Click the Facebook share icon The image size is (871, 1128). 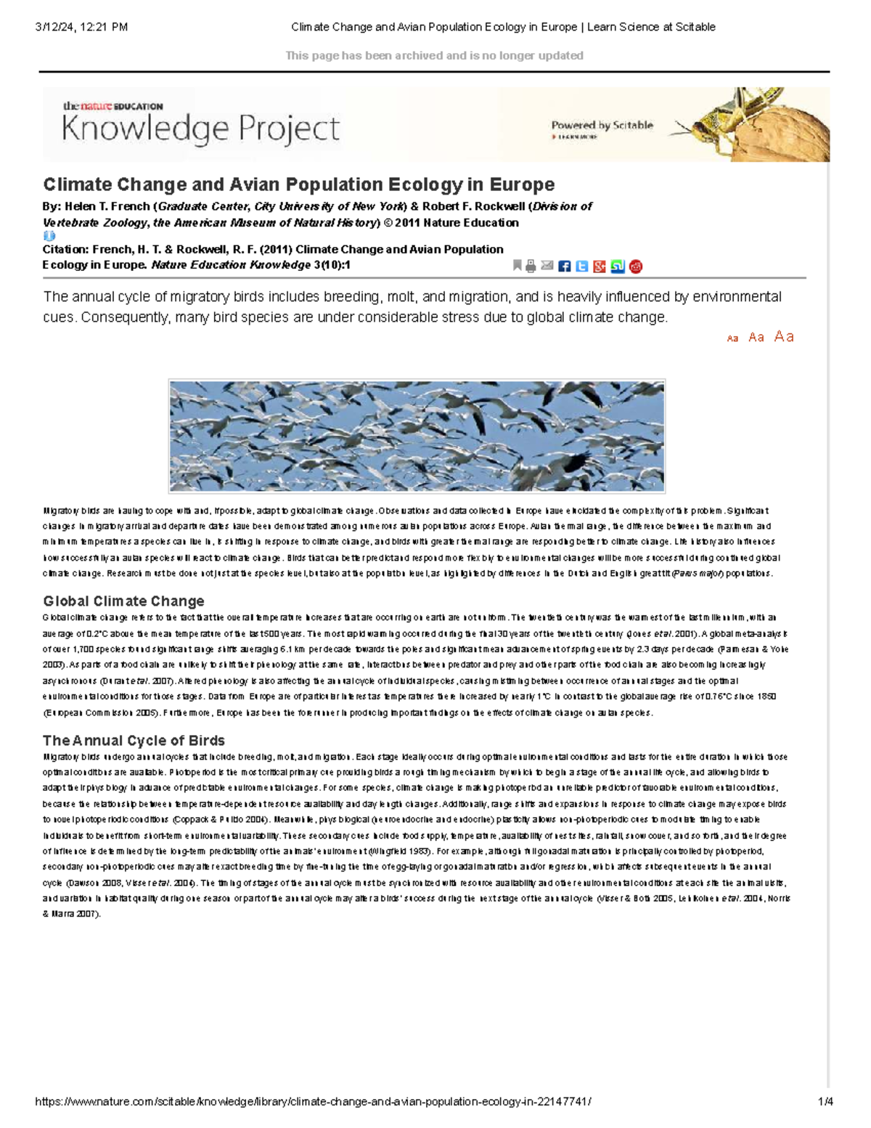[565, 267]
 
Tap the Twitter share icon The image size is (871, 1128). [582, 267]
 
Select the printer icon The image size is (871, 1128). [531, 266]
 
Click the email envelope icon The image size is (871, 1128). [547, 266]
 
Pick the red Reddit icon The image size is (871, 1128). [636, 267]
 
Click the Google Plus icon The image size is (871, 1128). [600, 267]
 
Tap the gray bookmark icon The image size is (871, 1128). [517, 265]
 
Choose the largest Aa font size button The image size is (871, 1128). [784, 336]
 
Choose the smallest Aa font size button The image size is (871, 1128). [732, 338]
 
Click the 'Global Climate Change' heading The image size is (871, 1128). [123, 601]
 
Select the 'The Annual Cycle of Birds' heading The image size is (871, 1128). [134, 741]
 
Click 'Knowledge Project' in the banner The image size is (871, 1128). [200, 129]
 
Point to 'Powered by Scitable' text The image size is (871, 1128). [602, 125]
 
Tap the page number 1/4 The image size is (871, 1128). [825, 1102]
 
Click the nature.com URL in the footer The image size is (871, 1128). [313, 1102]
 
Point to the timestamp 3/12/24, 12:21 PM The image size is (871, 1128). [81, 27]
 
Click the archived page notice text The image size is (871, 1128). [434, 55]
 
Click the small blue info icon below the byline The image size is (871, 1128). [49, 236]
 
